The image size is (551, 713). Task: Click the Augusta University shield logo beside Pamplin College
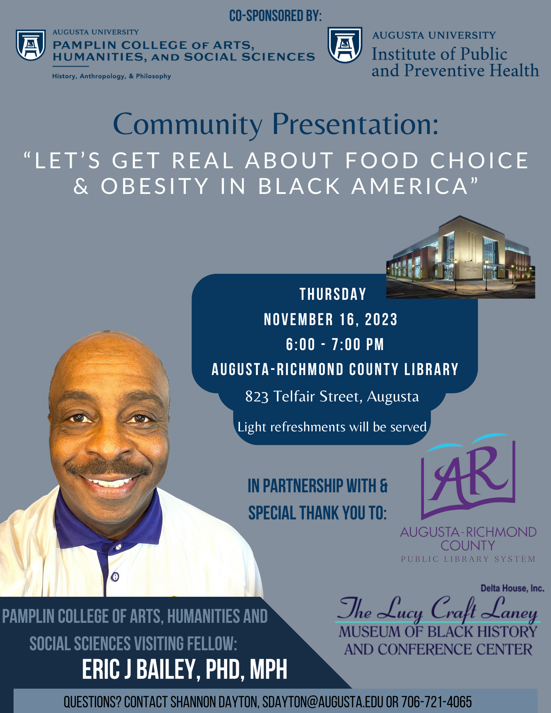[31, 45]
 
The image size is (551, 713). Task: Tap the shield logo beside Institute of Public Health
[345, 45]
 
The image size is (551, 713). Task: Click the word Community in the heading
[188, 125]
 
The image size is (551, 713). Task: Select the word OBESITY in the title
[154, 186]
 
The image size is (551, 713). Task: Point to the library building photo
[460, 257]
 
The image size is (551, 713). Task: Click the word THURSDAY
[333, 294]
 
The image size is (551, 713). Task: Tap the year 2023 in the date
[381, 319]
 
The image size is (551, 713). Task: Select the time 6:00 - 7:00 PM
[335, 344]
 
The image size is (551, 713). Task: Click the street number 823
[257, 396]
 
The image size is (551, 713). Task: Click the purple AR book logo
[468, 476]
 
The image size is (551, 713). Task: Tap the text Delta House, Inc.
[512, 589]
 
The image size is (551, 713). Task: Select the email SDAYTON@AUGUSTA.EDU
[323, 702]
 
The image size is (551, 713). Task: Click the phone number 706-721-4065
[437, 702]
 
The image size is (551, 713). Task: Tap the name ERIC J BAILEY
[139, 670]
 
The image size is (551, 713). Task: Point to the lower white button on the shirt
[115, 575]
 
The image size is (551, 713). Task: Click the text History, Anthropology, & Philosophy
[112, 76]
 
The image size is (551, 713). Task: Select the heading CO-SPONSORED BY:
[275, 16]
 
